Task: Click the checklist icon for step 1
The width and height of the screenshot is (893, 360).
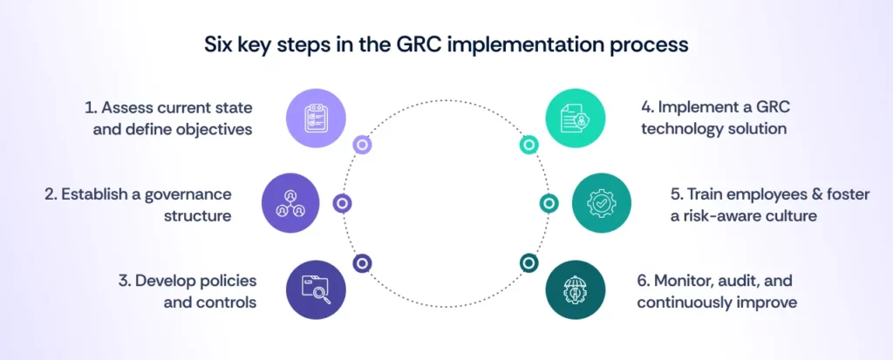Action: pos(316,118)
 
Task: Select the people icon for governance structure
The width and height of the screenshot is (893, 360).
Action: pos(290,203)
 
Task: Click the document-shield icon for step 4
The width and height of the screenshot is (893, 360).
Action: pos(576,118)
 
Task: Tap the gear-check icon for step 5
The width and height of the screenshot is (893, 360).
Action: pos(601,203)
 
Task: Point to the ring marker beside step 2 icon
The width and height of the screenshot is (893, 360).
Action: pos(343,203)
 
